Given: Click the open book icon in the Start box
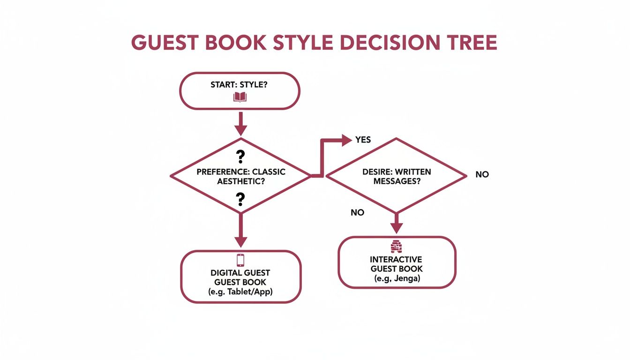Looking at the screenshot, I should click(240, 97).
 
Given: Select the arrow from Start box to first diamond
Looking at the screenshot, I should click(240, 124).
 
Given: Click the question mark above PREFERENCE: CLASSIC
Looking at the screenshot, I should click(240, 157).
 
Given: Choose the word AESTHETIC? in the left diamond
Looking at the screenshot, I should click(240, 181).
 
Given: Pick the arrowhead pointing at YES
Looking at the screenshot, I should click(346, 139).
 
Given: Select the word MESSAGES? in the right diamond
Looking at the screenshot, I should click(397, 181).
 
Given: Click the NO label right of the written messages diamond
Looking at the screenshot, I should click(482, 174).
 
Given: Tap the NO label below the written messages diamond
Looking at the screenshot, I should click(357, 212).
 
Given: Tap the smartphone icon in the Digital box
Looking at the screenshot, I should click(240, 260).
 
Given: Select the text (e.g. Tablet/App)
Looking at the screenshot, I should click(240, 292).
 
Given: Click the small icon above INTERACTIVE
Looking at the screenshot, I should click(397, 247).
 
